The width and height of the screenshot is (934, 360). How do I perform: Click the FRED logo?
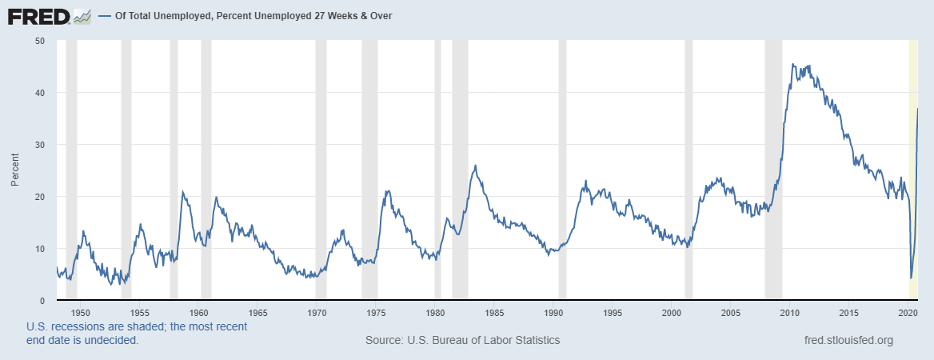tap(50, 15)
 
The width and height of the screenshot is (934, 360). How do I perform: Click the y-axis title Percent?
tap(14, 170)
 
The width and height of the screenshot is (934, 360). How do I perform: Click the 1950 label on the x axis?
tap(80, 313)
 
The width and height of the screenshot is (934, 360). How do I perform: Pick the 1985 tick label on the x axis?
tap(494, 313)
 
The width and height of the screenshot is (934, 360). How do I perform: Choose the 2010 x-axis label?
tap(790, 313)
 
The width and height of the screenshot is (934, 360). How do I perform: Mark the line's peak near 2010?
tap(792, 64)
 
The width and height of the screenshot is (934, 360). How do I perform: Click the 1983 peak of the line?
tap(476, 166)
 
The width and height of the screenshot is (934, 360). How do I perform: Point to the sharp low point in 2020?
tap(911, 278)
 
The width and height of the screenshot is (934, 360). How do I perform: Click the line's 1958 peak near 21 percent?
tap(182, 192)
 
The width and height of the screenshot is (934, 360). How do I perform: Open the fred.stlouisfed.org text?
tap(848, 340)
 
